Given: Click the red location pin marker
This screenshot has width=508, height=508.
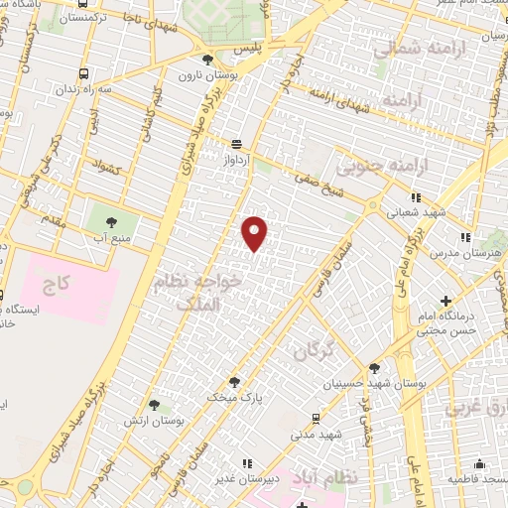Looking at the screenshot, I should pyautogui.click(x=255, y=232).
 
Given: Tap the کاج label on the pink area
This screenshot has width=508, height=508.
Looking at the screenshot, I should pyautogui.click(x=57, y=285).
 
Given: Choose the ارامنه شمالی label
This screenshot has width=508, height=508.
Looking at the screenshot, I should pyautogui.click(x=403, y=49).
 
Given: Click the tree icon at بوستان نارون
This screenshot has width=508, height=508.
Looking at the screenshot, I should pyautogui.click(x=207, y=60).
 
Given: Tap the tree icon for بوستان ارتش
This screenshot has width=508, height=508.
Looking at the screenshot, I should pyautogui.click(x=154, y=404).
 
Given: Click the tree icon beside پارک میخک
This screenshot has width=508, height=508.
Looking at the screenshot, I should pyautogui.click(x=234, y=381).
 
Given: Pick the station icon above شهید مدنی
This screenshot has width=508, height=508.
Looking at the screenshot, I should pyautogui.click(x=316, y=418).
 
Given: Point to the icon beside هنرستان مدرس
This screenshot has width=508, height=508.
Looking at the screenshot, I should pyautogui.click(x=464, y=237).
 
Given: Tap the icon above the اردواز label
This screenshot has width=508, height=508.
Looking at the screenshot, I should pyautogui.click(x=236, y=143).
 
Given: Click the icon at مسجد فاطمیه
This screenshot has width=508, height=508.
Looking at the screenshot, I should pyautogui.click(x=480, y=463).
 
